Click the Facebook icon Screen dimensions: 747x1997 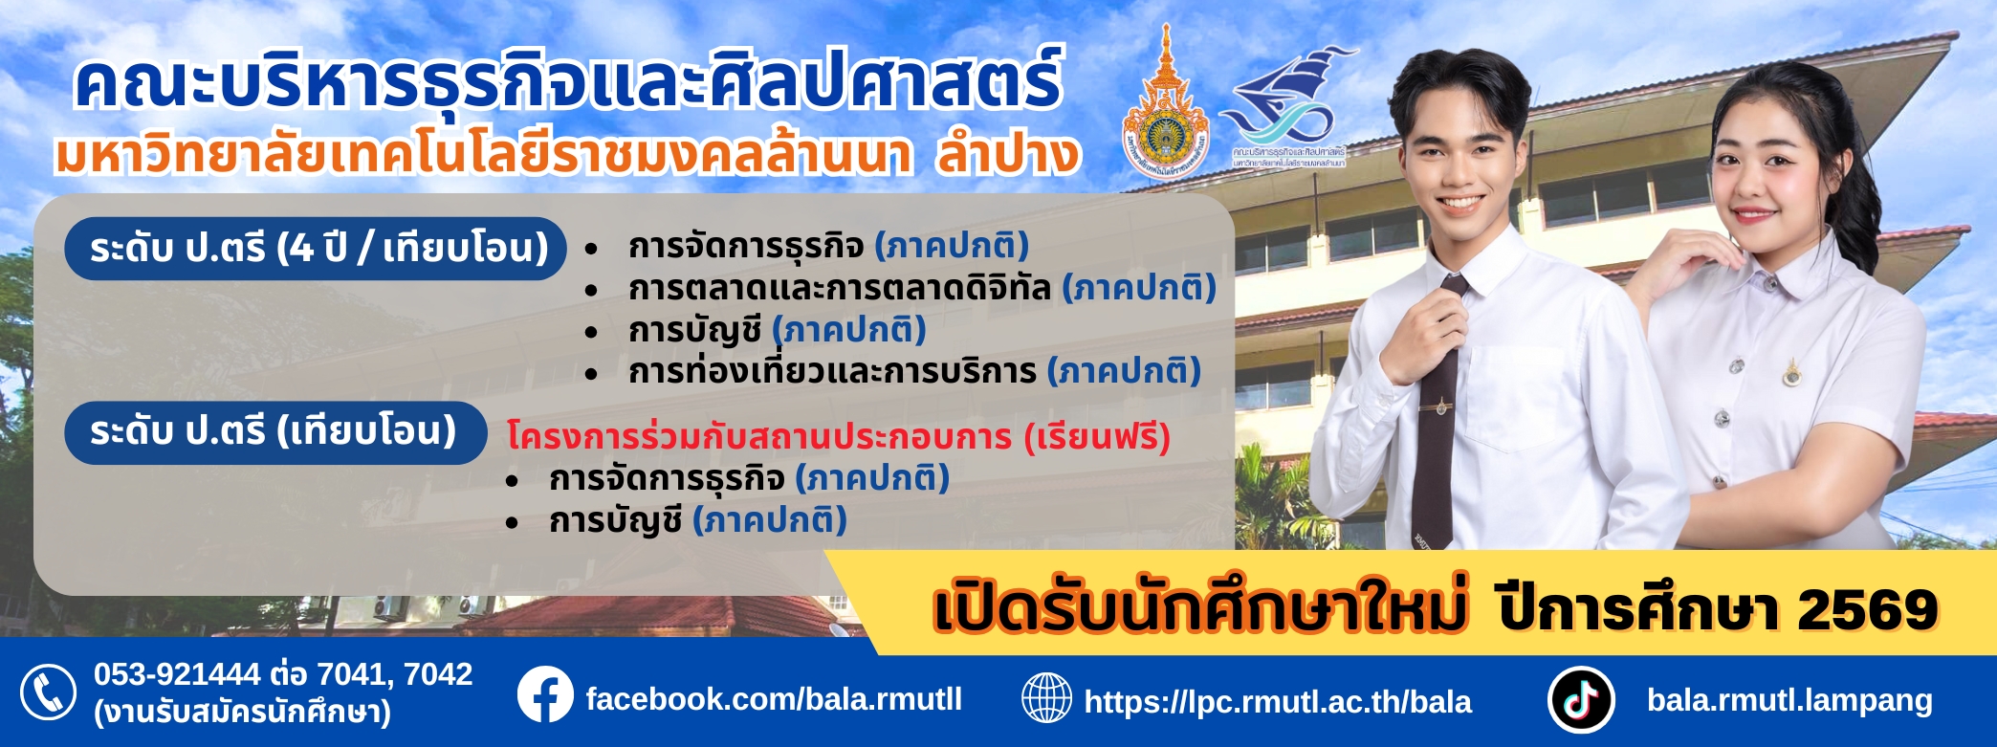click(x=545, y=695)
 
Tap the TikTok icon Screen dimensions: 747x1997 click(x=1581, y=699)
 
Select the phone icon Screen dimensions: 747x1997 click(x=48, y=692)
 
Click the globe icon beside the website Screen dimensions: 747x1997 click(x=1046, y=698)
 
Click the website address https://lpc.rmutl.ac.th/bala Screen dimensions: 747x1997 click(x=1278, y=702)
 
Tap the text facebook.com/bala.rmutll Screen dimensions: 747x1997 click(x=774, y=699)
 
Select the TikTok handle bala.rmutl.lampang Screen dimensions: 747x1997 click(x=1789, y=700)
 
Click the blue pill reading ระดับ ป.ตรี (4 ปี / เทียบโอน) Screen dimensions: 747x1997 click(x=316, y=249)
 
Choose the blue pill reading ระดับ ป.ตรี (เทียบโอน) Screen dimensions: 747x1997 click(x=275, y=432)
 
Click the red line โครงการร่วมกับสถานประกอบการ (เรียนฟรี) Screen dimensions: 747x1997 click(x=838, y=437)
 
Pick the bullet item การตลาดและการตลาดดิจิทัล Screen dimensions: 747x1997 click(x=840, y=288)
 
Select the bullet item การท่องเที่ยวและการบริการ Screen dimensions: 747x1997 click(x=832, y=371)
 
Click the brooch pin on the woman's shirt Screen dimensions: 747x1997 click(x=1791, y=373)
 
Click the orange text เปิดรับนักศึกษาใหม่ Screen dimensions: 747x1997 click(x=1199, y=610)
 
